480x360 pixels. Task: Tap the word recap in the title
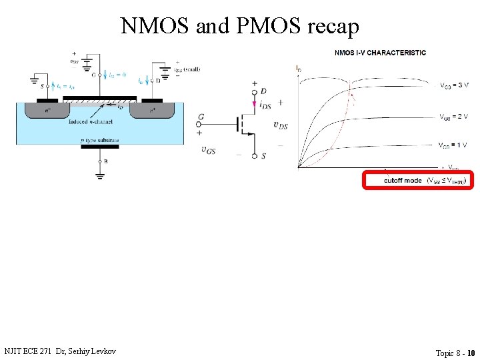click(333, 27)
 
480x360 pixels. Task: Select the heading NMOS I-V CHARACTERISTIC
click(380, 53)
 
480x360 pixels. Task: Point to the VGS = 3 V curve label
click(454, 85)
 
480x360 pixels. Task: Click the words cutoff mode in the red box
click(403, 181)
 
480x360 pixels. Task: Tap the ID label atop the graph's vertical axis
click(298, 68)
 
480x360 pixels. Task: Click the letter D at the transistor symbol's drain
click(265, 91)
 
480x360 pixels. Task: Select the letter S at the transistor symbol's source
click(264, 156)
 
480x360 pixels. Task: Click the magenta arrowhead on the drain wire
click(254, 103)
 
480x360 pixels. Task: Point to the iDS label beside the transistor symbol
click(265, 105)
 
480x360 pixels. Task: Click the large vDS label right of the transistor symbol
click(281, 125)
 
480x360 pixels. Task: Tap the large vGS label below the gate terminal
click(209, 151)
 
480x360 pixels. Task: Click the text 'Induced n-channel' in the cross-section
click(91, 122)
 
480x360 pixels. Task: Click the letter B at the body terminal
click(106, 161)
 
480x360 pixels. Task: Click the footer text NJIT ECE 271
click(27, 351)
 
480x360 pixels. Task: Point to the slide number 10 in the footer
click(471, 353)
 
